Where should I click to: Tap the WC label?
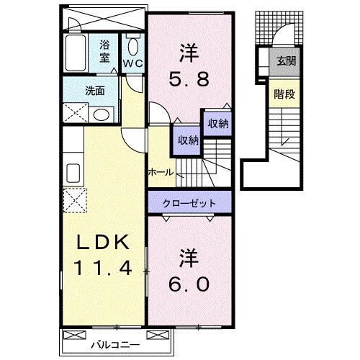pyautogui.click(x=133, y=63)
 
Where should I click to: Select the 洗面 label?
pyautogui.click(x=96, y=91)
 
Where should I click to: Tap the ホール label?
pyautogui.click(x=160, y=172)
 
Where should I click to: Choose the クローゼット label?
pyautogui.click(x=191, y=203)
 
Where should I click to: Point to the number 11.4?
pyautogui.click(x=102, y=271)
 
